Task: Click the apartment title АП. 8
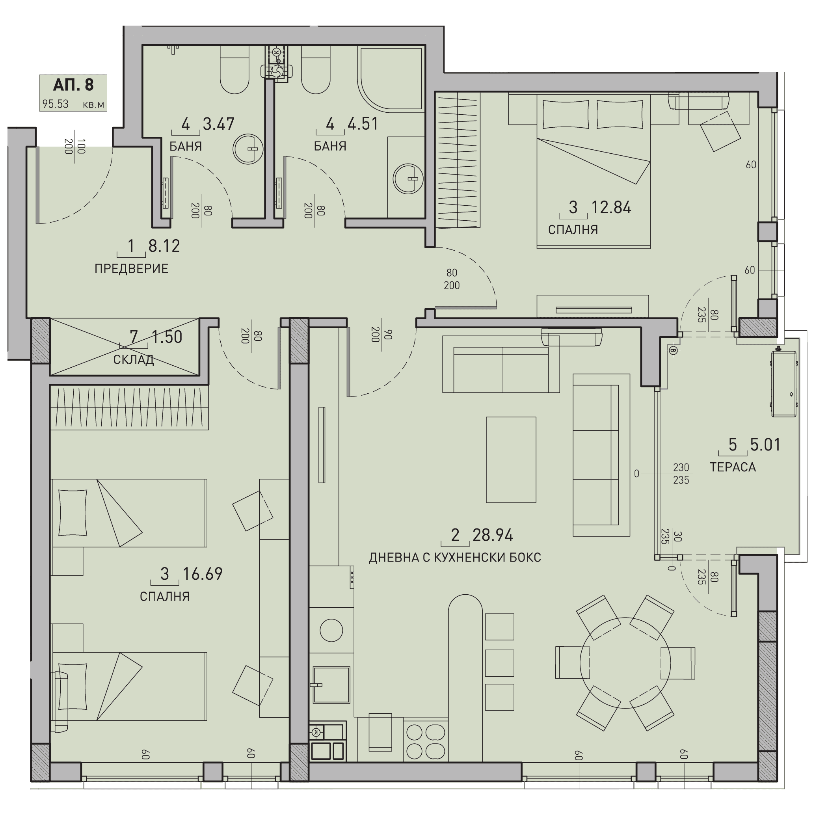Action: coord(73,85)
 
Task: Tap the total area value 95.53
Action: coord(55,104)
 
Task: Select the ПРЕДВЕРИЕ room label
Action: coord(131,269)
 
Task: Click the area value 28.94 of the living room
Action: coord(492,535)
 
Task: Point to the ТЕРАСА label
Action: coord(733,467)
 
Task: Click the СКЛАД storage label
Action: coord(133,360)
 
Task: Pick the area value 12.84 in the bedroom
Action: coord(611,208)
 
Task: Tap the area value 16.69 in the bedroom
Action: coord(203,574)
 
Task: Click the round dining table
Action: coord(625,663)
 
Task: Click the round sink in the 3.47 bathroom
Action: coord(248,149)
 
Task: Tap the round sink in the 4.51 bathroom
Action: coord(408,179)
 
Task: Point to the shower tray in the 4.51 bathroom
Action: coord(390,78)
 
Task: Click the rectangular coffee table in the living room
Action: coord(511,460)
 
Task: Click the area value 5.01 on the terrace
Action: coord(765,445)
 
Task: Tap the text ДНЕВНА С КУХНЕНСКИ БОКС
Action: coord(455,558)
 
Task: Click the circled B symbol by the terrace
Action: coord(673,350)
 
